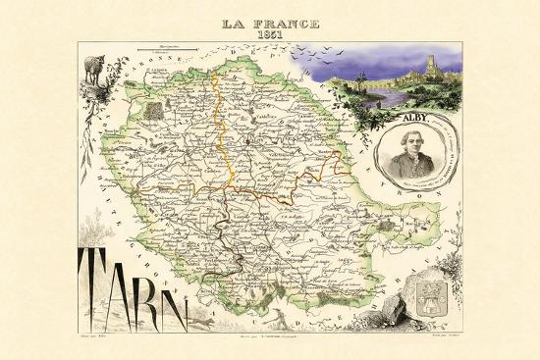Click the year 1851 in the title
[x=269, y=34]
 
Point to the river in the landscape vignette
[x=393, y=99]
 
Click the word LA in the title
[x=234, y=22]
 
